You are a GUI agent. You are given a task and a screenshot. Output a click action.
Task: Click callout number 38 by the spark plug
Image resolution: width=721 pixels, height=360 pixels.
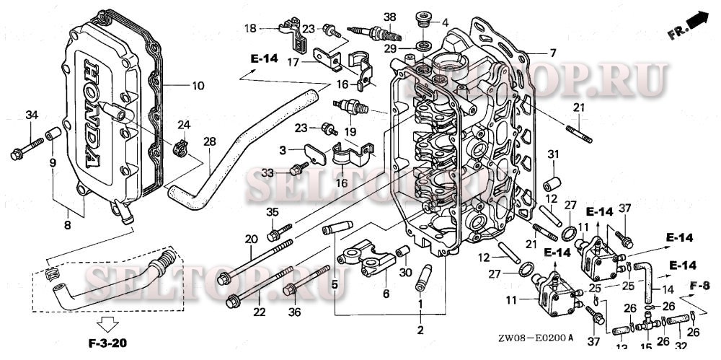pos(390,17)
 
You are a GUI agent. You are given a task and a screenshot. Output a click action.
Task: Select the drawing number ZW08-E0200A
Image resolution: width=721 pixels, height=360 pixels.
pos(536,337)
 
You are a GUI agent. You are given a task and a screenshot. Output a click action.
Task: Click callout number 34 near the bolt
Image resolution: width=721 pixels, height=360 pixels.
pos(32,115)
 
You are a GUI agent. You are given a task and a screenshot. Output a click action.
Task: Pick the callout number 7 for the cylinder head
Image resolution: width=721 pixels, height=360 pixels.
pos(553,53)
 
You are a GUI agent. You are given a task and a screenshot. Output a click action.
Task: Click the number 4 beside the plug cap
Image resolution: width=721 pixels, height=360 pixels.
pos(445,22)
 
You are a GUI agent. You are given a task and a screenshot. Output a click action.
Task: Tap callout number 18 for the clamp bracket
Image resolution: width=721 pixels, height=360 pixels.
pos(249,28)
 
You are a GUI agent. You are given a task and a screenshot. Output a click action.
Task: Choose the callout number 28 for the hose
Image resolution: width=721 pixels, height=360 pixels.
pos(210,142)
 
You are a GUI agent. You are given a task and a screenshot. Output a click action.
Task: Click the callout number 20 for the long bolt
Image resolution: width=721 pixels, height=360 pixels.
pos(251,240)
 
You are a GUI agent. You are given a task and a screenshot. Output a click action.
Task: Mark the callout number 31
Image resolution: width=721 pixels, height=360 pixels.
pos(553,154)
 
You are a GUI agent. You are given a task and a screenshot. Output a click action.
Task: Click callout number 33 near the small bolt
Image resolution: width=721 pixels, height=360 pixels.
pos(267,173)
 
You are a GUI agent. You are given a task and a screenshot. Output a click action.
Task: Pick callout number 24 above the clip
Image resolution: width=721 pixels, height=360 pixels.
pos(183,124)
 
